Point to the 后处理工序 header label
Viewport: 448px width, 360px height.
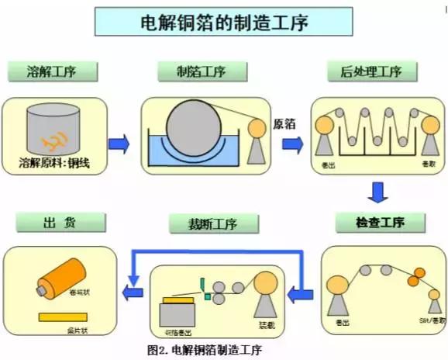(x=370, y=71)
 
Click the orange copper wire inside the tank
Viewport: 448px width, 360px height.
(x=57, y=141)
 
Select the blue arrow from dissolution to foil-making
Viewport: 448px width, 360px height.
(x=118, y=144)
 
